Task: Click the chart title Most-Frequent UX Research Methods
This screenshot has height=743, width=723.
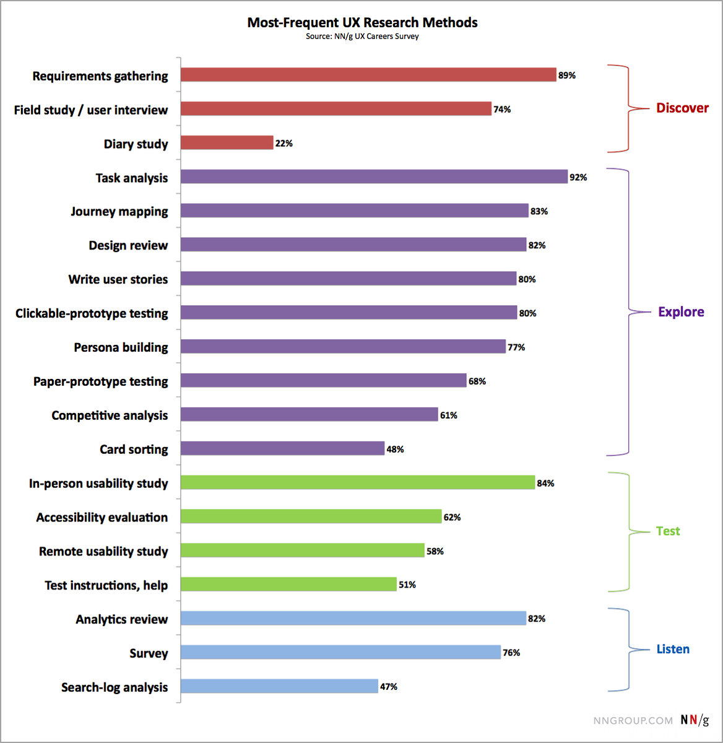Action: (x=362, y=23)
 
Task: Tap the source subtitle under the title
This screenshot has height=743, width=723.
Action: (x=362, y=37)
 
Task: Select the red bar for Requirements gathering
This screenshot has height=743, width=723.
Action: (x=368, y=75)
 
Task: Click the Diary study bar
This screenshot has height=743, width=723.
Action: (x=227, y=143)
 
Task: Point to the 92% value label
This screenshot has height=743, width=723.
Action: (x=578, y=178)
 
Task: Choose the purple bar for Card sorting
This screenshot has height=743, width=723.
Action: (x=283, y=448)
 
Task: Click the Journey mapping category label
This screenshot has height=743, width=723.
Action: (x=119, y=212)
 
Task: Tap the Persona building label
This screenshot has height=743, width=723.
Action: (x=121, y=347)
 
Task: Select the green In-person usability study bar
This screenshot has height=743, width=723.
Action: (x=358, y=482)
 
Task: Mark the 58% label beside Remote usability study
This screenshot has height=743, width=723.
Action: (x=435, y=551)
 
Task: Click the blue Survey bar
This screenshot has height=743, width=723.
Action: (x=340, y=652)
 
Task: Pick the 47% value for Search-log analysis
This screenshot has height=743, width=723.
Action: (x=388, y=687)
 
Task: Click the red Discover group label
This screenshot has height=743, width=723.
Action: (x=682, y=108)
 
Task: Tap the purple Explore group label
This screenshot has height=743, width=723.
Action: (x=681, y=312)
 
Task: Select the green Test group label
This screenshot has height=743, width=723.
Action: (x=668, y=531)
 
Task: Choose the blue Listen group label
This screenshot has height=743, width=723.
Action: (x=673, y=650)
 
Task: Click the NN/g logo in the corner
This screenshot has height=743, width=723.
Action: (x=695, y=720)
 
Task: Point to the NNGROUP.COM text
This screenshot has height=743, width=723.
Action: (x=633, y=721)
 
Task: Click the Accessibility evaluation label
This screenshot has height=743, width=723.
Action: (x=102, y=518)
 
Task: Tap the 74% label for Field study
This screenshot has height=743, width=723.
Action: (x=502, y=110)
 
